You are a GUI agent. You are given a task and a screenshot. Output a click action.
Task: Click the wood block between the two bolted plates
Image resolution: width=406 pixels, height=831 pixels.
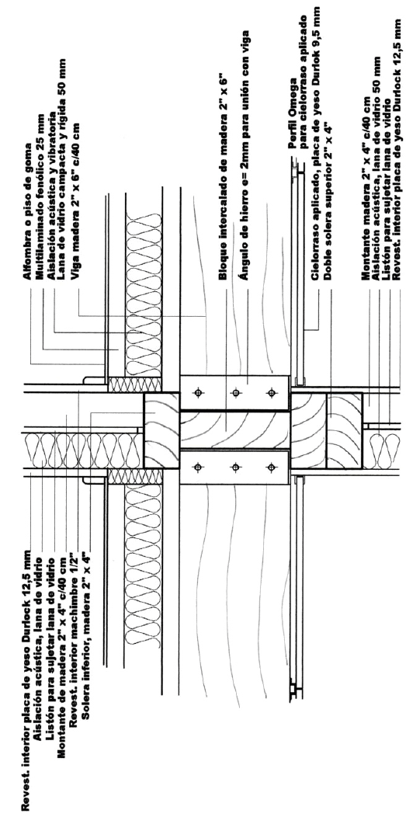point(234,429)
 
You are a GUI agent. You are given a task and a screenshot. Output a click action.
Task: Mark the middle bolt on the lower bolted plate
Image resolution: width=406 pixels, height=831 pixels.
point(235,467)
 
